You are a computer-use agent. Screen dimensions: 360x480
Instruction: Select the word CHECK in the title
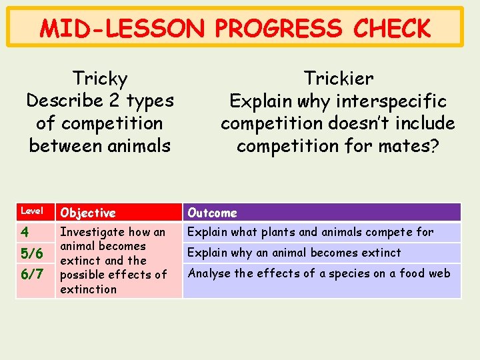(x=393, y=29)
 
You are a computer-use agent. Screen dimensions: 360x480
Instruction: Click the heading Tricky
(x=100, y=79)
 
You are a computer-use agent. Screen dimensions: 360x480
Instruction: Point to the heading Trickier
(x=338, y=79)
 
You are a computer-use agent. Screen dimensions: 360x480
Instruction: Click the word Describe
(x=65, y=101)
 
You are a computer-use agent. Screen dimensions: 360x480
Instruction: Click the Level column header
(x=32, y=211)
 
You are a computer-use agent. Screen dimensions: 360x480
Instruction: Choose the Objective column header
(x=88, y=213)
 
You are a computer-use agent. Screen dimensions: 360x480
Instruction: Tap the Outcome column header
(x=212, y=213)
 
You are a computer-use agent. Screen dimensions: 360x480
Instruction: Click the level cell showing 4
(x=25, y=233)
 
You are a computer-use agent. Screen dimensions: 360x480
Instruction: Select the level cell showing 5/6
(x=32, y=254)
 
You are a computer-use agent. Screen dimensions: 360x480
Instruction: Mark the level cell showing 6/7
(x=32, y=274)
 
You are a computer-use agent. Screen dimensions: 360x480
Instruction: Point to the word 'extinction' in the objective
(x=88, y=289)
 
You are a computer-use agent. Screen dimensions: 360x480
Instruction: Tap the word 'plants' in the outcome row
(x=273, y=232)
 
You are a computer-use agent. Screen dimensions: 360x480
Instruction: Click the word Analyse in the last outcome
(x=209, y=273)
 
